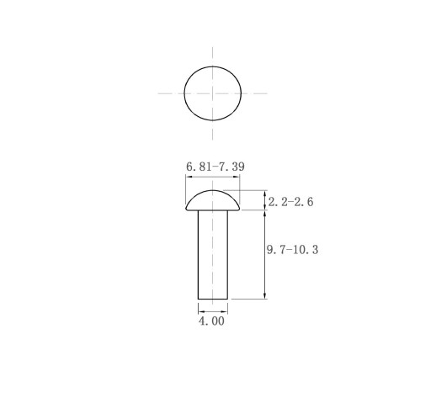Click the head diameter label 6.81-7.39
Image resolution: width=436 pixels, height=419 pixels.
point(215,167)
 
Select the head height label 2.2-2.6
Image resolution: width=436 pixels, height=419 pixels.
point(290,202)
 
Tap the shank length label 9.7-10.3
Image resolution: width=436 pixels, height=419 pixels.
point(293,250)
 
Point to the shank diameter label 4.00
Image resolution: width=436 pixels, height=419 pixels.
point(211,321)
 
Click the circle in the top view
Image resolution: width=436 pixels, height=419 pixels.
point(184,93)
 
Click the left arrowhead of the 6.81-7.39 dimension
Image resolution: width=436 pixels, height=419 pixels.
point(189,177)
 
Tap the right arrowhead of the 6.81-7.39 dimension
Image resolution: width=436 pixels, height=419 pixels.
point(237,177)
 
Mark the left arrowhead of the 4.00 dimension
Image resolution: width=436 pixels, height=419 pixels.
point(201,311)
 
